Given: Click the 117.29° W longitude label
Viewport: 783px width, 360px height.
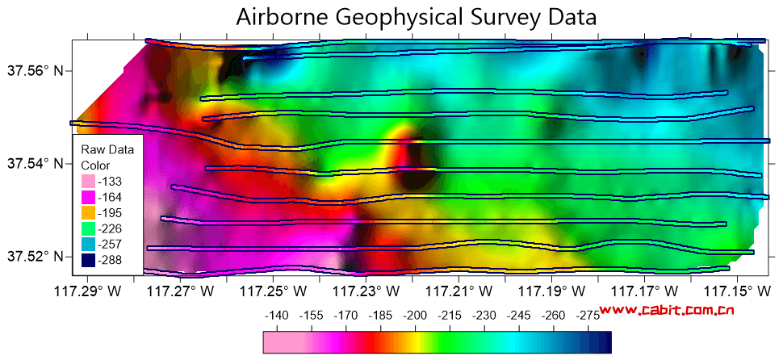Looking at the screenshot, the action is [88, 291].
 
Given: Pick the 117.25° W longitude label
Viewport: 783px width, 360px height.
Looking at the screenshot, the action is [273, 291].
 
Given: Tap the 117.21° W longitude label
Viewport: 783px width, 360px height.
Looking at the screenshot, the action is [458, 291].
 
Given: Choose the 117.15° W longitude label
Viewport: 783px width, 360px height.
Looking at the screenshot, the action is [737, 291].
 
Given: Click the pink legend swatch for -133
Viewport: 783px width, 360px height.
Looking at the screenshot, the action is [88, 181].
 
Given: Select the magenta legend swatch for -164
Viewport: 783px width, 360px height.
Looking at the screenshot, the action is [88, 197].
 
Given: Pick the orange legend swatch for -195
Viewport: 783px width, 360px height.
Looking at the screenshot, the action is [88, 213].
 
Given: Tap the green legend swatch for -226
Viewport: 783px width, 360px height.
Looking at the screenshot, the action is [88, 228].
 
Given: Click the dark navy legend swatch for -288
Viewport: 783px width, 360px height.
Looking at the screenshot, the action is [88, 260].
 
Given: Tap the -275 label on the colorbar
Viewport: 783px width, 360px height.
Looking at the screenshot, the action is [588, 316].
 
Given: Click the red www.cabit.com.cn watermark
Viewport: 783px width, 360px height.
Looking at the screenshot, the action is [667, 310].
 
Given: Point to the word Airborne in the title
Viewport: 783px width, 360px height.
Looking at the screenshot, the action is [283, 17].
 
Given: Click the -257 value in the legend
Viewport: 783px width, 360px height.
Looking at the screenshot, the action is [110, 245].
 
